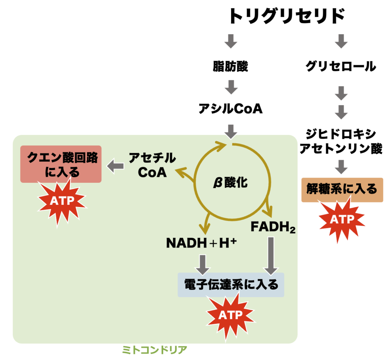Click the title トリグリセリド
click(x=287, y=17)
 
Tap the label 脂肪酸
click(x=230, y=66)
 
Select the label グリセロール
click(x=341, y=66)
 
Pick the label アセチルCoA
click(x=152, y=165)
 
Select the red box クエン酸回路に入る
click(x=61, y=164)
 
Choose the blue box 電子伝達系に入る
click(x=231, y=284)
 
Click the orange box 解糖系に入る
click(x=342, y=188)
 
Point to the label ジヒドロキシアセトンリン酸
click(x=341, y=141)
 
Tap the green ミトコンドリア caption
click(x=155, y=349)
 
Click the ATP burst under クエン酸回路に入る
click(x=63, y=201)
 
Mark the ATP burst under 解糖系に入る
click(x=342, y=219)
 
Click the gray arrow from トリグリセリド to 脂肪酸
click(x=230, y=41)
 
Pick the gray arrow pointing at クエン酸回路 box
click(x=116, y=165)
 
